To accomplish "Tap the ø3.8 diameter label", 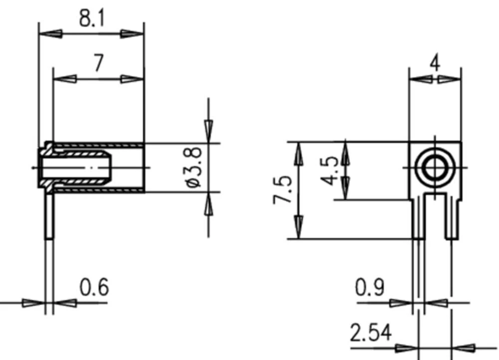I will pos(193,168).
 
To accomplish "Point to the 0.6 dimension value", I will pos(94,288).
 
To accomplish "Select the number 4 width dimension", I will pos(435,64).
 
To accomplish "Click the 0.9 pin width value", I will pos(370,288).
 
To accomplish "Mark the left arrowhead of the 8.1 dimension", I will pos(50,34).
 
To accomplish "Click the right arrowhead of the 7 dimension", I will pos(132,79).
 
